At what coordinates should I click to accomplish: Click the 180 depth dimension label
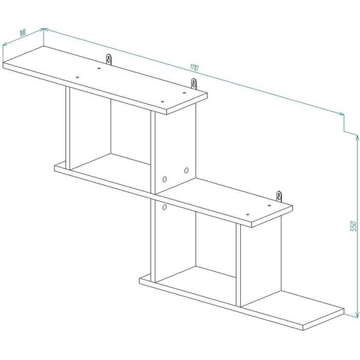point(22,33)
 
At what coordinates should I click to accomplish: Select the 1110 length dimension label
point(194,67)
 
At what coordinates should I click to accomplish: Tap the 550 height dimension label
point(353,226)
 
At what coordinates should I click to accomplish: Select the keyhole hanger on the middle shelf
point(279,196)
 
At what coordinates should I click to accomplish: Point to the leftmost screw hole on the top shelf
point(77,77)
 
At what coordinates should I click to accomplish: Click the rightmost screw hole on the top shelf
point(184,93)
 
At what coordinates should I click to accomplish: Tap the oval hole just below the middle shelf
point(164,207)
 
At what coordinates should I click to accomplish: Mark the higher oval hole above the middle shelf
point(186,170)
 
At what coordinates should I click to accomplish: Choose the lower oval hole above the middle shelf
point(165,179)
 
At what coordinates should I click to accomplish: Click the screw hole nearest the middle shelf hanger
point(269,206)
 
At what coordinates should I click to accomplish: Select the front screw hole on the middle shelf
point(247,214)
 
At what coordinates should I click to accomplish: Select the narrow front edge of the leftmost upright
point(68,128)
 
